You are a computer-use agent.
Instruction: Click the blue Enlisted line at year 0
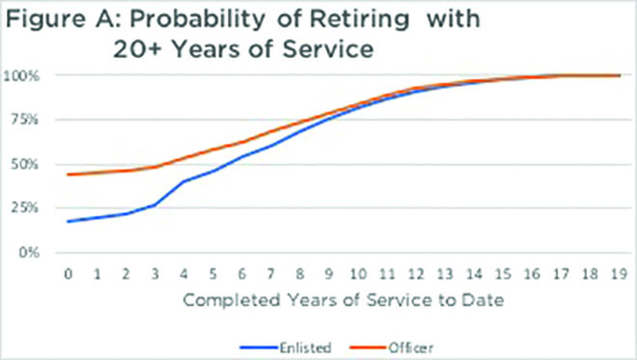coord(67,221)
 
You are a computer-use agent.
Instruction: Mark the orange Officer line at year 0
coord(67,175)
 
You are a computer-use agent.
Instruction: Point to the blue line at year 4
coord(182,181)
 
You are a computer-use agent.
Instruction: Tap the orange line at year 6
coord(241,142)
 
